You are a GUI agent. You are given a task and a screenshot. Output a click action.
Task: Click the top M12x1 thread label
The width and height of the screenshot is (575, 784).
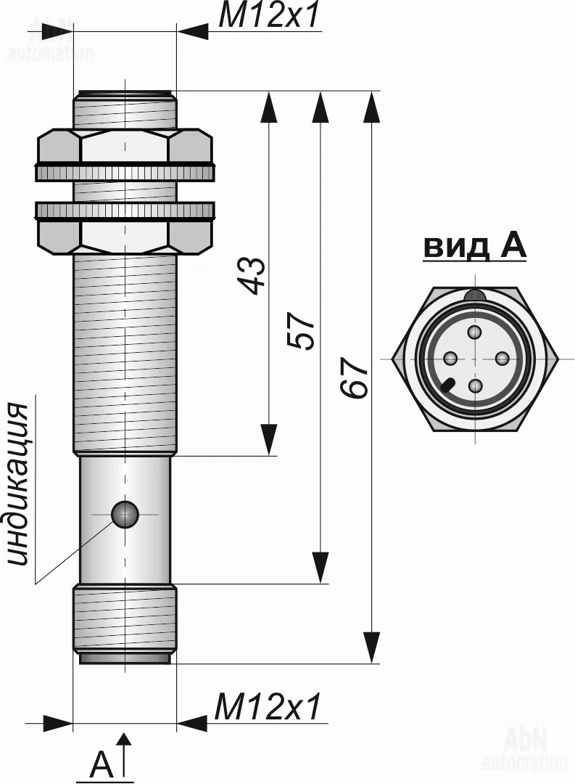(269, 16)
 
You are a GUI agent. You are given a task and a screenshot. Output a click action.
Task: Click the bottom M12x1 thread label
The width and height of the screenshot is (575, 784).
(268, 707)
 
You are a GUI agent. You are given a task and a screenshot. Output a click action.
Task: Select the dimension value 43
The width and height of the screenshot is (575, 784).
(253, 274)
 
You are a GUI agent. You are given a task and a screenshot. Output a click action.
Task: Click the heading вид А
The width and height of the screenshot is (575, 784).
(475, 247)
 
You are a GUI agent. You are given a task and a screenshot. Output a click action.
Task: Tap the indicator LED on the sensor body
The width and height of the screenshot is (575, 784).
(125, 514)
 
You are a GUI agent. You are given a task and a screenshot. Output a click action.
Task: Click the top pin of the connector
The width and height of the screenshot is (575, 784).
(475, 332)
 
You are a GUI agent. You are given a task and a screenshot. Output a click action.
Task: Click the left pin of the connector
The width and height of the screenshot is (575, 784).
(449, 358)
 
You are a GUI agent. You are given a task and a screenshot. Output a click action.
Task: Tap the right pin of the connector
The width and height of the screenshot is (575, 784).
(501, 358)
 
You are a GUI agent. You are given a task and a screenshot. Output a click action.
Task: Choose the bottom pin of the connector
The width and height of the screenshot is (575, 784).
(475, 385)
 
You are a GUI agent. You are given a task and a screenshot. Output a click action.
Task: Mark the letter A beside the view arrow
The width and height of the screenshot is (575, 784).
(102, 766)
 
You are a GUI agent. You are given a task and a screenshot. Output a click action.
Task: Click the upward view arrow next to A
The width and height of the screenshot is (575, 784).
(125, 755)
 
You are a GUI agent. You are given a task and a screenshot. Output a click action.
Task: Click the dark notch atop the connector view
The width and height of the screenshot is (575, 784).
(475, 295)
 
